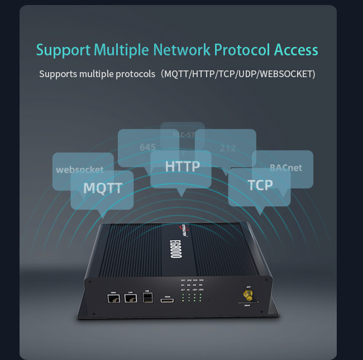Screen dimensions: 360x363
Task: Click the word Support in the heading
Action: (63, 50)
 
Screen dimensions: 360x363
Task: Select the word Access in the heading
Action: (296, 50)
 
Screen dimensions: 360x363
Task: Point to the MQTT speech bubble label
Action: (103, 188)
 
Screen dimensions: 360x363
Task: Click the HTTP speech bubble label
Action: (182, 166)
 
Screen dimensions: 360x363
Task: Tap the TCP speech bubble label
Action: (260, 184)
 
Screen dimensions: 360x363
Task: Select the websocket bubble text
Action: (80, 169)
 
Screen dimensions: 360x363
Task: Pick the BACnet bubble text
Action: (285, 167)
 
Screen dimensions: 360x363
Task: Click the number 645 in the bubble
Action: (147, 147)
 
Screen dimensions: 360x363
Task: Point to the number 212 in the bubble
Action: (227, 148)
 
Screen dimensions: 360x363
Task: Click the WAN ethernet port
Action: (114, 300)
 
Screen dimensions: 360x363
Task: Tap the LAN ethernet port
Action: (131, 300)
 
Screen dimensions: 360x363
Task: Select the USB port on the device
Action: (147, 300)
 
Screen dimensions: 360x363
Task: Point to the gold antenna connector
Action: (246, 293)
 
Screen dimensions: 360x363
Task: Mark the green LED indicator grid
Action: (193, 296)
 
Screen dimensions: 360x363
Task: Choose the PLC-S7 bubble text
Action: (183, 135)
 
